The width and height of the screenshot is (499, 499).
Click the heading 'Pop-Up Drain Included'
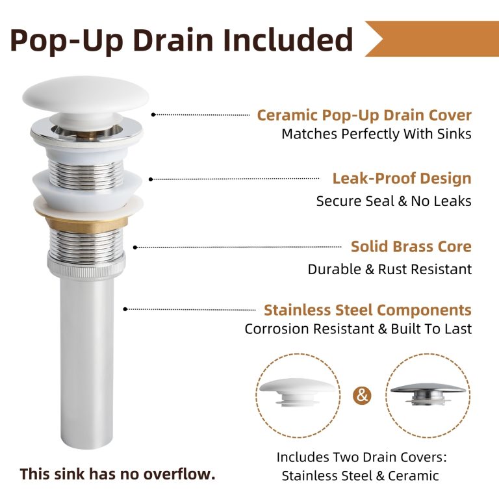coord(181,40)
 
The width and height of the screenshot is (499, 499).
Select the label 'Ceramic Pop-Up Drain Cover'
coord(364,115)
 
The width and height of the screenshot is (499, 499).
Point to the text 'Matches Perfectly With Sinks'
coord(376,134)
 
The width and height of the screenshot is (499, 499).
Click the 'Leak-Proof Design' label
coord(402,178)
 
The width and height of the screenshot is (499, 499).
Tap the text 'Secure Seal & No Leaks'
coord(394,201)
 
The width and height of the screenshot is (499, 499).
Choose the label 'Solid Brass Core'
coord(411,247)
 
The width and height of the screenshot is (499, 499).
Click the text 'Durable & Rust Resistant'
coord(390,270)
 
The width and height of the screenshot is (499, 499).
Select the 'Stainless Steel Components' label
coord(368,310)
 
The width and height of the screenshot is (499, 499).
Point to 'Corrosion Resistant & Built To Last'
coord(358,329)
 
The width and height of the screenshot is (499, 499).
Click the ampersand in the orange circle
coord(362,396)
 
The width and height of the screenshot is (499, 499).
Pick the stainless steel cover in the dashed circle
coord(428,393)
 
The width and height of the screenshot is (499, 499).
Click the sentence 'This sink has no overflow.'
coord(118,474)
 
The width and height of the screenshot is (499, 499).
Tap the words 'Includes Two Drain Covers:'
coord(361,457)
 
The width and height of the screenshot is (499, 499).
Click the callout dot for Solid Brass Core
coord(135,248)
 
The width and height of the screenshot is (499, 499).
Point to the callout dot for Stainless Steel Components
coord(125,309)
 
